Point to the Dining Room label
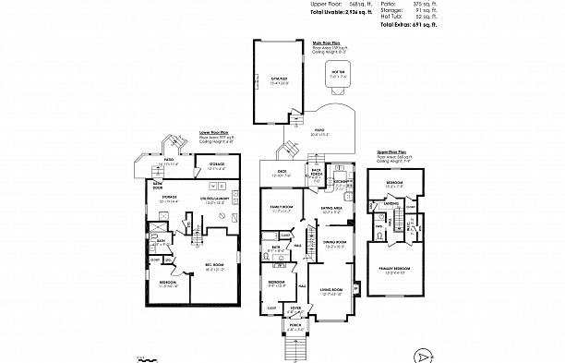click(334, 243)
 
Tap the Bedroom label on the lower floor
click(169, 283)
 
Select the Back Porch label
click(316, 172)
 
